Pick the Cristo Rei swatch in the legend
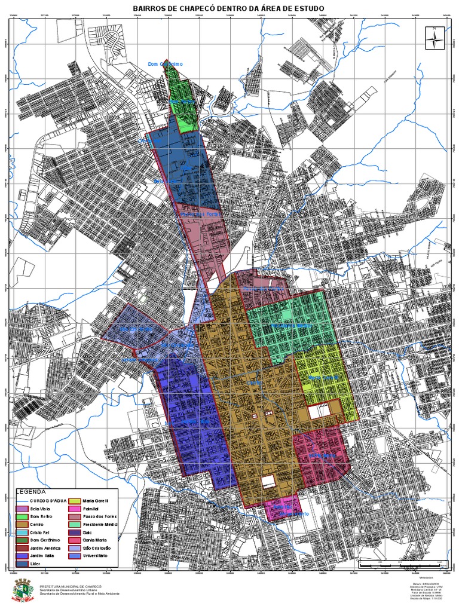tap(23, 537)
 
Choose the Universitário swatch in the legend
tap(76, 555)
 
